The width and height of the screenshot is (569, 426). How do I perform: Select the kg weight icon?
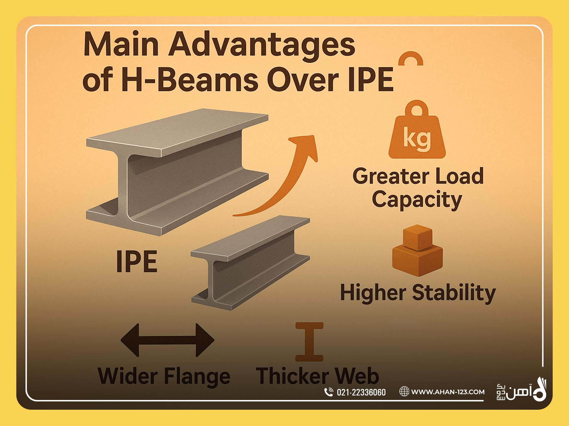tap(417, 129)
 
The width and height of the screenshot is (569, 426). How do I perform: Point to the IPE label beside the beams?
tap(137, 261)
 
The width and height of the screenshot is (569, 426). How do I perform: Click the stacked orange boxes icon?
tap(417, 250)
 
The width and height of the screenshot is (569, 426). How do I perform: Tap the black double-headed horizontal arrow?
tap(168, 340)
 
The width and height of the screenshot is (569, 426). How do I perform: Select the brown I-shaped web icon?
tap(309, 342)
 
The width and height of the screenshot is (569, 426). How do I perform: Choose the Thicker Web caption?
tap(317, 376)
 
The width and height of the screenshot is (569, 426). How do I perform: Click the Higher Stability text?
tap(418, 293)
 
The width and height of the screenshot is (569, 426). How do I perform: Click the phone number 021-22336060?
tap(361, 392)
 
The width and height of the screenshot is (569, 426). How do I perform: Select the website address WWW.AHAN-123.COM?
tap(448, 392)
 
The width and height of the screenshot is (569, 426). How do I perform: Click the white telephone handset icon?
tap(329, 392)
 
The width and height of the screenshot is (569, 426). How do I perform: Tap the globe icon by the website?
tap(404, 392)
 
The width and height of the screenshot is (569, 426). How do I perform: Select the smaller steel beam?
tap(251, 263)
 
